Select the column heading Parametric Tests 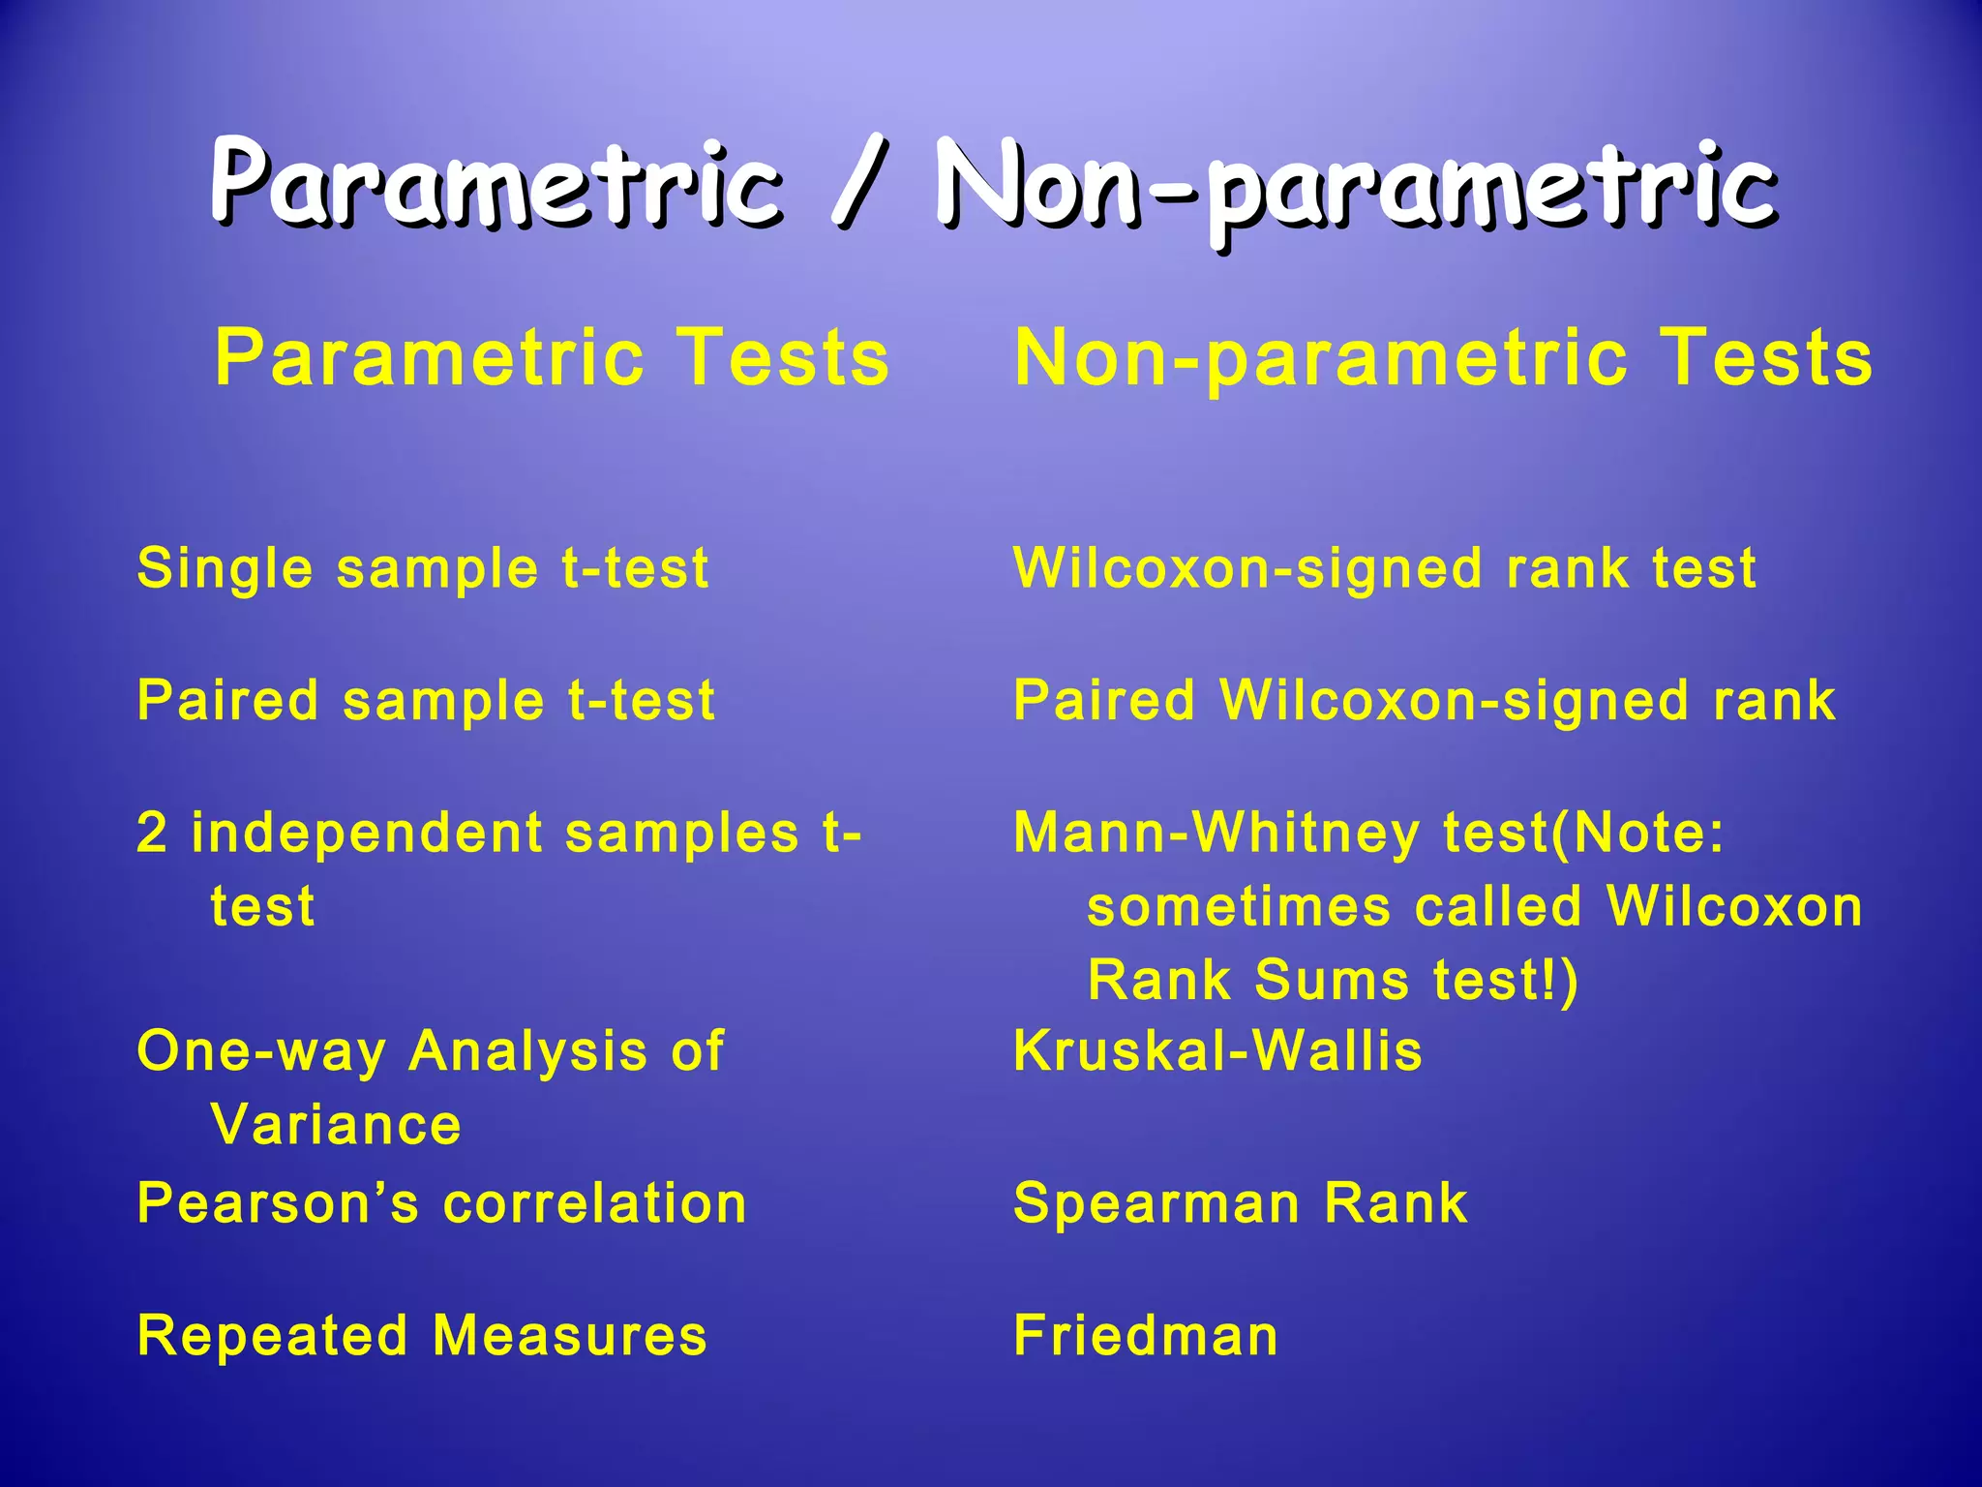[x=552, y=357]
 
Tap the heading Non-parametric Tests [x=1443, y=357]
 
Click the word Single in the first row [x=225, y=569]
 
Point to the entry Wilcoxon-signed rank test [x=1385, y=568]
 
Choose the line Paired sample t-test [x=426, y=701]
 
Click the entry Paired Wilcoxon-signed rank [x=1424, y=701]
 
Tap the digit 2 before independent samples [x=152, y=833]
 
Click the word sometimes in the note [x=1238, y=907]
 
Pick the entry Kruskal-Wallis [x=1217, y=1051]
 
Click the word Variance [x=336, y=1125]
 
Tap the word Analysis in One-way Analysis [x=527, y=1051]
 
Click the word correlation [x=594, y=1203]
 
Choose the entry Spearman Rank [x=1240, y=1203]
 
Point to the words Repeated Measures [x=422, y=1336]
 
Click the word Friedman [x=1146, y=1336]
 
